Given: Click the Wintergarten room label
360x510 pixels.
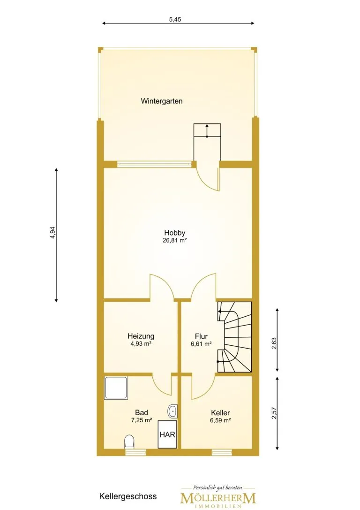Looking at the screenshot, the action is click(x=161, y=101).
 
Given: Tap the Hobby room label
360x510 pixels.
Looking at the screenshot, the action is click(x=174, y=233).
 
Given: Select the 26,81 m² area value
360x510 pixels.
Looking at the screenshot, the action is click(x=174, y=241).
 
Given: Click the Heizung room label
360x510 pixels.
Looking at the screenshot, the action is click(x=141, y=336).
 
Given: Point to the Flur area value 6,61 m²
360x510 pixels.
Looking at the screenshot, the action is click(x=201, y=344).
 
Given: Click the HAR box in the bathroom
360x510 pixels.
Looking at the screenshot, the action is click(x=168, y=434).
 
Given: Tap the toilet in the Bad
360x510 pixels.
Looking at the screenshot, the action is click(x=129, y=441).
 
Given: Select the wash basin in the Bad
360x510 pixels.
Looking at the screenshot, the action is click(x=172, y=411).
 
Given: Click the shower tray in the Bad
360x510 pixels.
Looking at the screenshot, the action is click(x=116, y=388).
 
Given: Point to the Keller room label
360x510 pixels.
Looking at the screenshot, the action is click(x=220, y=413).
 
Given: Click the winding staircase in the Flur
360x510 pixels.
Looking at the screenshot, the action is click(x=234, y=337).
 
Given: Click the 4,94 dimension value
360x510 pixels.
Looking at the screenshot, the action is click(x=52, y=233).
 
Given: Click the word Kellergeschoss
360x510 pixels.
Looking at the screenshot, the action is click(x=128, y=497).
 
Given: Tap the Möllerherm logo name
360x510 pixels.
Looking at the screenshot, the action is click(x=218, y=498).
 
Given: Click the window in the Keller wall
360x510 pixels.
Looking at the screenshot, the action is click(x=222, y=452).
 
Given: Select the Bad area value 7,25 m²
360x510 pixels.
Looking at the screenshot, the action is click(x=142, y=420).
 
